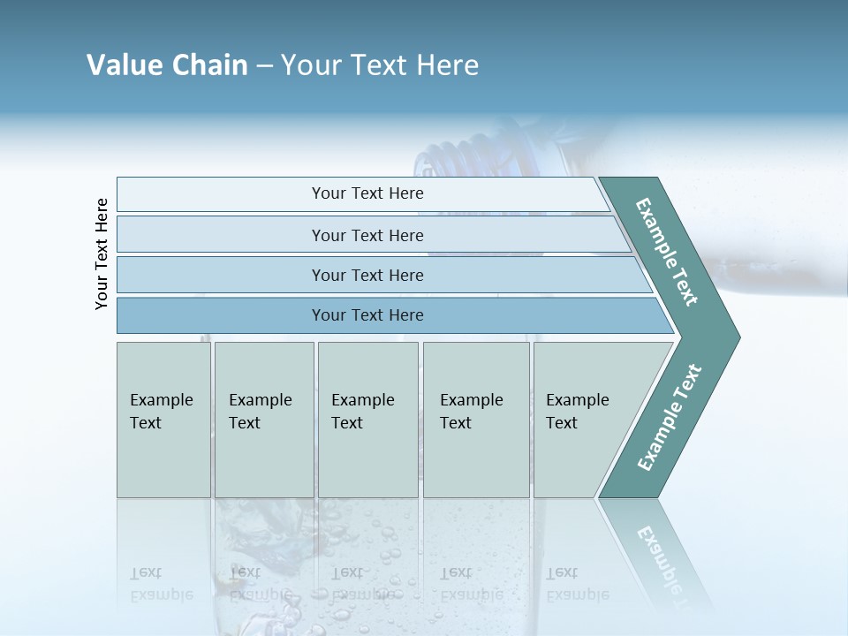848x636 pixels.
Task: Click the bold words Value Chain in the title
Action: point(167,65)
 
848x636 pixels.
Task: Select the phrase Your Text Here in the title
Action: point(380,65)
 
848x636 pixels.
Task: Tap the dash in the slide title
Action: point(264,66)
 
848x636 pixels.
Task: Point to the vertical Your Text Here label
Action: point(102,254)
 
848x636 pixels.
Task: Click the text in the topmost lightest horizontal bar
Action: point(367,193)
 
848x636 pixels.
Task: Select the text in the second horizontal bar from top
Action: point(367,235)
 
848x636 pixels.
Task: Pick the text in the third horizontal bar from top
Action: point(367,275)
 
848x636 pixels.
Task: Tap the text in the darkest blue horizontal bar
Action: point(367,315)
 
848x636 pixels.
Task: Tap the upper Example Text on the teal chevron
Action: point(667,252)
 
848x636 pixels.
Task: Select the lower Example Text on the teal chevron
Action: point(669,418)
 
